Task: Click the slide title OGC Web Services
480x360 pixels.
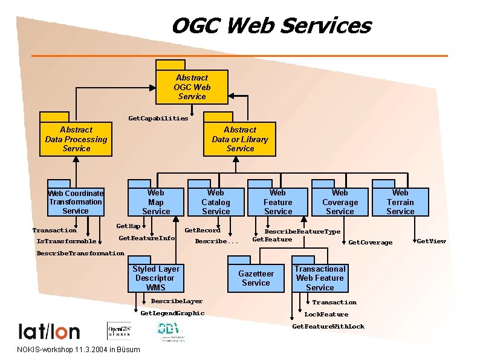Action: click(x=271, y=25)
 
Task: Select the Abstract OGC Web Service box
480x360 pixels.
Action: click(x=192, y=87)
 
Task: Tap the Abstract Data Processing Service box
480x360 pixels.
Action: click(x=76, y=139)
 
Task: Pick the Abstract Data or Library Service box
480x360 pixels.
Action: click(x=239, y=139)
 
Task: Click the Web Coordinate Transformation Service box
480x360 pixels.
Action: click(x=76, y=202)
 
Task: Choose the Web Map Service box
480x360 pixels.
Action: click(x=155, y=201)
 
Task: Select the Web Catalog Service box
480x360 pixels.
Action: click(x=215, y=201)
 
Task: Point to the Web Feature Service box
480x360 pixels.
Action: click(x=277, y=201)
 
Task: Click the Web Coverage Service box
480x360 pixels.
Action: click(x=340, y=201)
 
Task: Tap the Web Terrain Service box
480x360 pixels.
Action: click(x=400, y=201)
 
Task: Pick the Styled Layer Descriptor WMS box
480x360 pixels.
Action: click(x=155, y=278)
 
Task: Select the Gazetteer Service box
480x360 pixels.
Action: click(x=256, y=278)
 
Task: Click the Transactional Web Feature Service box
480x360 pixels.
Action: click(x=320, y=278)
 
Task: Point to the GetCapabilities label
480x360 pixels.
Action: click(x=158, y=119)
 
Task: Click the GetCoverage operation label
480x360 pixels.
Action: click(x=371, y=243)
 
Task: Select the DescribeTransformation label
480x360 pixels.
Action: click(x=80, y=254)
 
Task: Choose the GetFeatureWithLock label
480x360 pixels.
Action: click(x=328, y=327)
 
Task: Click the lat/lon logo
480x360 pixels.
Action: click(x=49, y=331)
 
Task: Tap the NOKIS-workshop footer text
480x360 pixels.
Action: click(x=79, y=350)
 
